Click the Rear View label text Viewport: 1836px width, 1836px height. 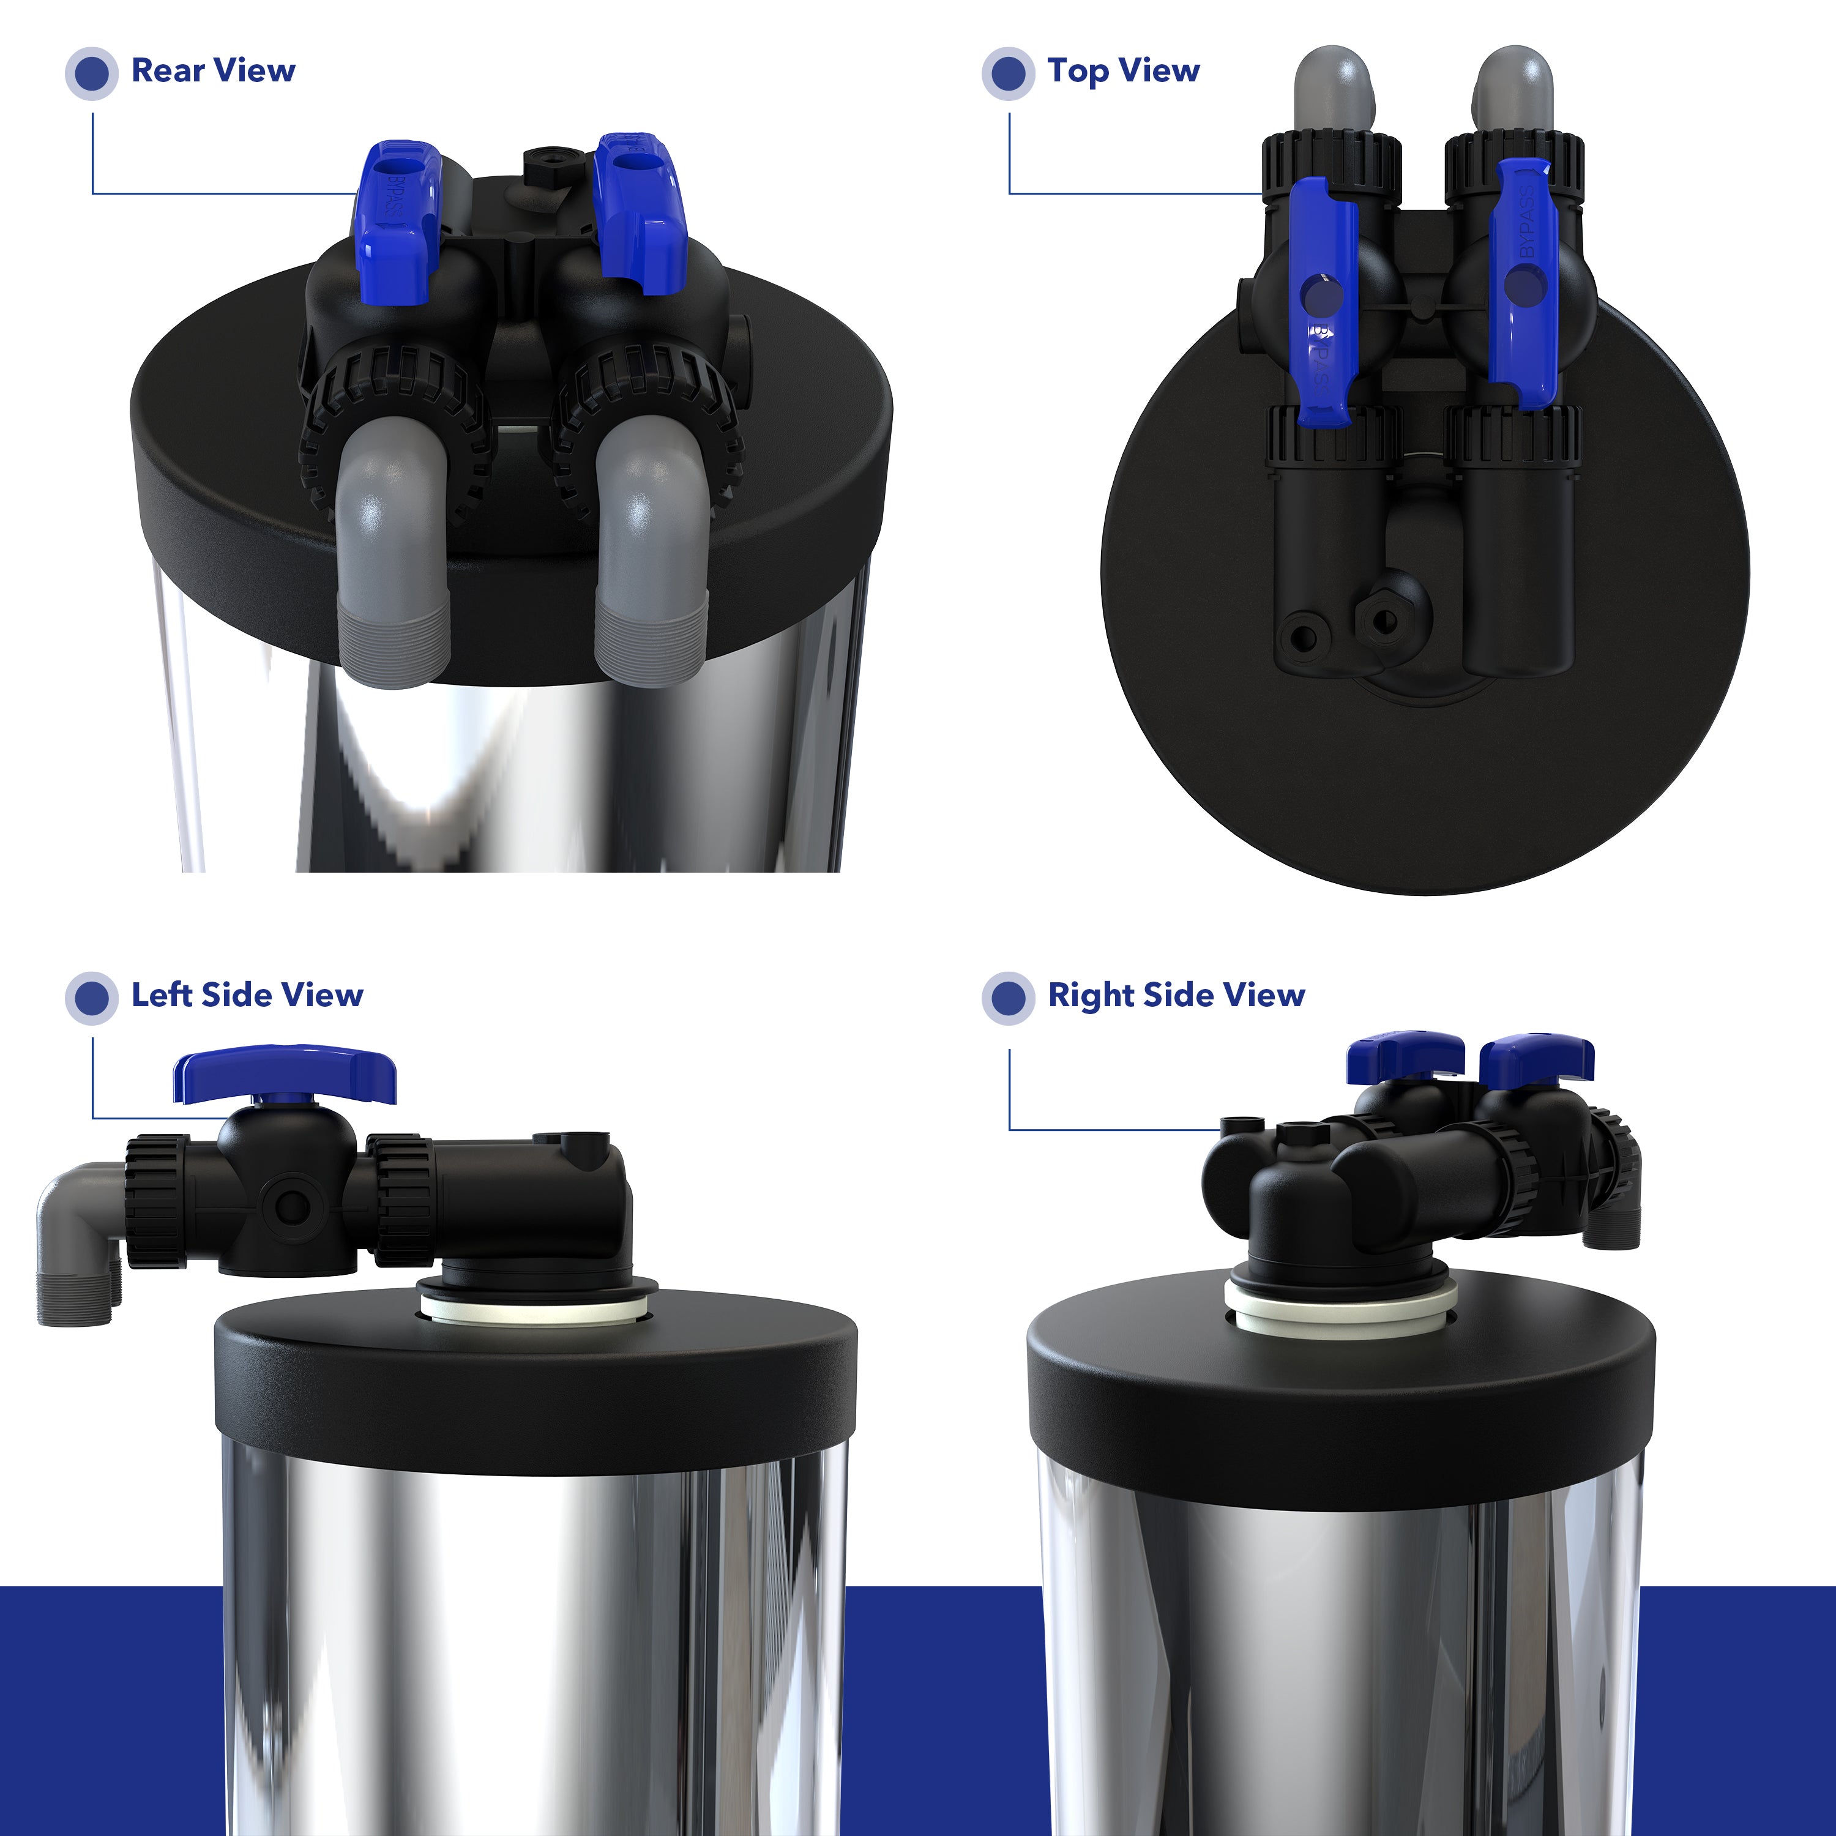[x=213, y=70]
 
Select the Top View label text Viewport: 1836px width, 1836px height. [x=1123, y=70]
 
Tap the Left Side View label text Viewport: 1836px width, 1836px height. [x=247, y=995]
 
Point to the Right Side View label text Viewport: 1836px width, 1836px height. [x=1176, y=995]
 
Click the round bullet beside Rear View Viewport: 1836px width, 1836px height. [x=91, y=73]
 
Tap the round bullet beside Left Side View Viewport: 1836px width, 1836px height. [x=91, y=998]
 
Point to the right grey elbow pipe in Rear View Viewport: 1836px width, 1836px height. [x=651, y=551]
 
